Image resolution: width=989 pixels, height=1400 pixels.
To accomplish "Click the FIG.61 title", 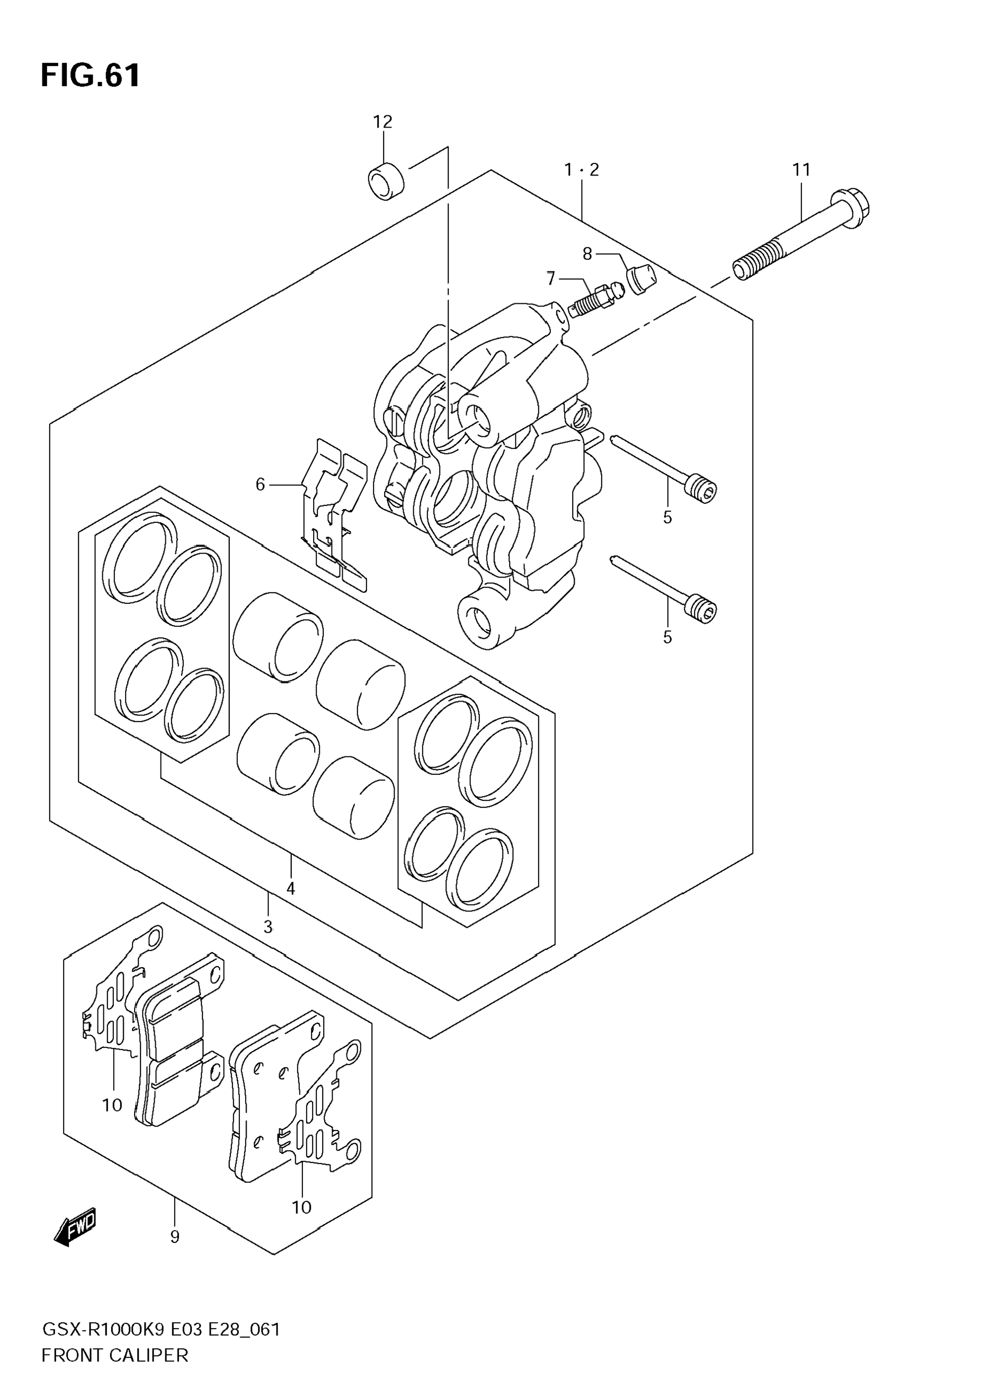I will [x=90, y=76].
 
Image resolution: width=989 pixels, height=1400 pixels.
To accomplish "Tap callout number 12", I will [x=382, y=122].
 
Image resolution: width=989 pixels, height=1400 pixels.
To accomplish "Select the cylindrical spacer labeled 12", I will [x=386, y=181].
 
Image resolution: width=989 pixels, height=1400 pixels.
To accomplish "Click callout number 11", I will [x=801, y=169].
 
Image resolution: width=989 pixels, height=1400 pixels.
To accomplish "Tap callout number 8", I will [x=587, y=254].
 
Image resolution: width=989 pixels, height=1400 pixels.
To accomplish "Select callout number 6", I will [x=261, y=484].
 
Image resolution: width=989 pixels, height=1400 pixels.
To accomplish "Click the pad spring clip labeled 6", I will [x=334, y=513].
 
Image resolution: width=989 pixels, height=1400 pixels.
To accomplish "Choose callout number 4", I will [x=290, y=888].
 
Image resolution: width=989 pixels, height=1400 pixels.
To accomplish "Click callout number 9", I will [x=174, y=1236].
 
